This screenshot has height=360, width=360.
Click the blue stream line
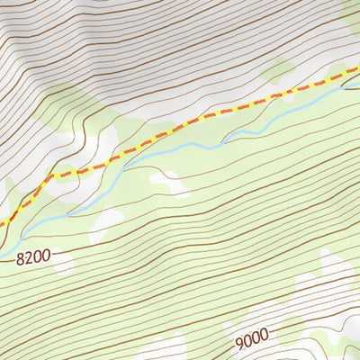[x=171, y=151]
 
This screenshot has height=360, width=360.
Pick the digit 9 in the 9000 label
[x=240, y=342]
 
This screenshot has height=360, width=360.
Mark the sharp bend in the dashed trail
[x=45, y=177]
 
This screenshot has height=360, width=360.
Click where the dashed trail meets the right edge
[x=358, y=68]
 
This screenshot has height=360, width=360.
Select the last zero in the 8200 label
[x=49, y=256]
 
